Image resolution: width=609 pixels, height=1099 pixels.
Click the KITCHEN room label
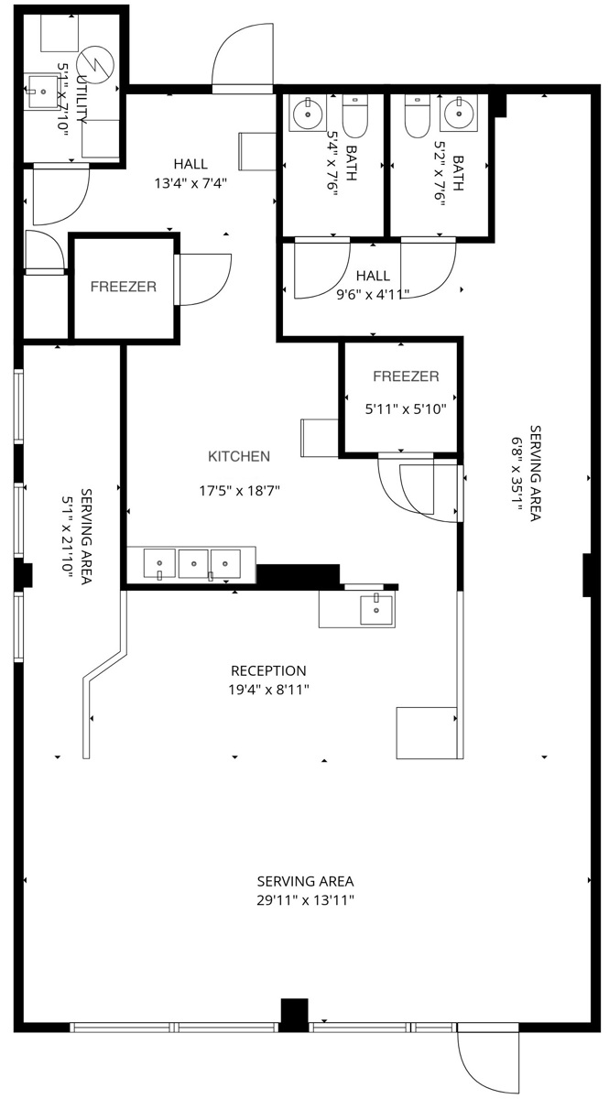238,456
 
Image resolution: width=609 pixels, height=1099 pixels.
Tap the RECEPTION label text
268,671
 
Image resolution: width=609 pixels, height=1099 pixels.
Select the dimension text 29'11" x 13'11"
305,900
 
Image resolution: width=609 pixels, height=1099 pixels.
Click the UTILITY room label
83,100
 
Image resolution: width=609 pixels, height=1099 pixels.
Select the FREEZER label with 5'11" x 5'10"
406,376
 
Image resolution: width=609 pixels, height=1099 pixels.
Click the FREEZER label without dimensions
123,287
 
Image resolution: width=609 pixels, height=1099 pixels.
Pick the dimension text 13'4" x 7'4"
190,182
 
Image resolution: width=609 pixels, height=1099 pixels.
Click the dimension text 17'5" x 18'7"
238,491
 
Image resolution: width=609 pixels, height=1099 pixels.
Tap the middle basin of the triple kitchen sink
192,564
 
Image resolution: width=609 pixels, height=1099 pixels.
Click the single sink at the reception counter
375,609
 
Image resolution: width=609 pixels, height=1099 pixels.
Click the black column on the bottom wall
294,1014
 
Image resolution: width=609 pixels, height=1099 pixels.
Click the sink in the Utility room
40,89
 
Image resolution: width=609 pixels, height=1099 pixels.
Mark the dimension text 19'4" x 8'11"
268,690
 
